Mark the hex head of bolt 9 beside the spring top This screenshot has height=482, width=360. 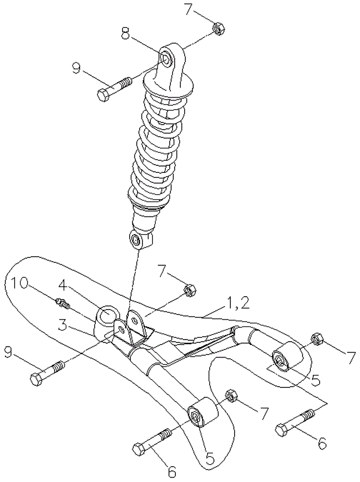[103, 95]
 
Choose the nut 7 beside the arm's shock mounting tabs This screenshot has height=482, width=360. [190, 290]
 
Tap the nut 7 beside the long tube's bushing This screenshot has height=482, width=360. [231, 396]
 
